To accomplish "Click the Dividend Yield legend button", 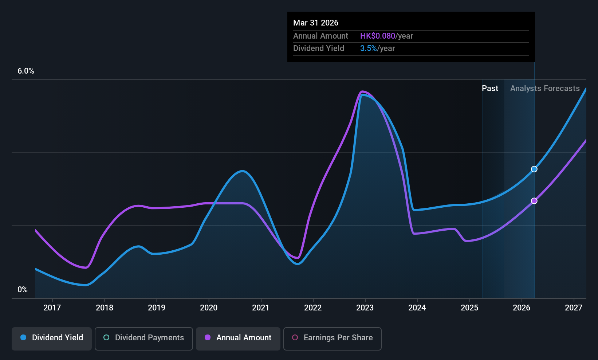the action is [x=51, y=339].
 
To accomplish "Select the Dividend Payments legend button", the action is [x=143, y=339].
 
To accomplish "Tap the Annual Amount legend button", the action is [x=238, y=339].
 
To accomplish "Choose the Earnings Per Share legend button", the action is [x=333, y=339].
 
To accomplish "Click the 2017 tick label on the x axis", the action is [x=52, y=308].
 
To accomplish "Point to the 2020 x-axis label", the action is [x=209, y=308].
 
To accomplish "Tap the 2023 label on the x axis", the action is [x=365, y=308].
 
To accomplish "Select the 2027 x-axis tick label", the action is [x=574, y=308].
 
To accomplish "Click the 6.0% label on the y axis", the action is [x=26, y=71].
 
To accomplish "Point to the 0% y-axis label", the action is [x=23, y=290].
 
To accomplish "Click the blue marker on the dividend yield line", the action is [x=534, y=169].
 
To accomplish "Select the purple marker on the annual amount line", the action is [x=534, y=201].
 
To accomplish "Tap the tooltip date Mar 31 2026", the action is [x=315, y=23].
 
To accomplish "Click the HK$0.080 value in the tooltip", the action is [x=378, y=36].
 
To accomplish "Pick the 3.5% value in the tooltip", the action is [x=369, y=48].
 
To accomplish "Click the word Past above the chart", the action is [x=490, y=89].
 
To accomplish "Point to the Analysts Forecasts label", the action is [x=545, y=89].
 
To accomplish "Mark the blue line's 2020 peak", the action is [x=242, y=171].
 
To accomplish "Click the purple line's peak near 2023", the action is [x=362, y=91].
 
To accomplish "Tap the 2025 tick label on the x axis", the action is [x=469, y=308].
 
